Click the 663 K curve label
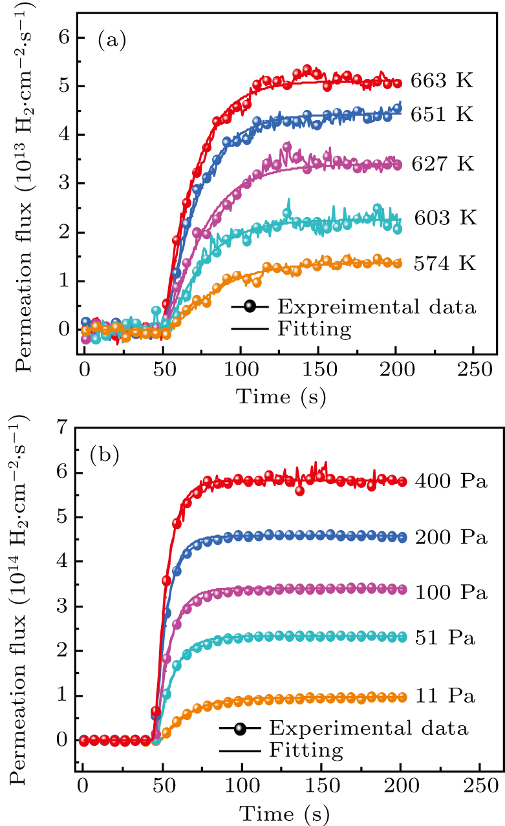pos(442,81)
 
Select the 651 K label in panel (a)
pos(442,115)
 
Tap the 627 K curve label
pos(442,164)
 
